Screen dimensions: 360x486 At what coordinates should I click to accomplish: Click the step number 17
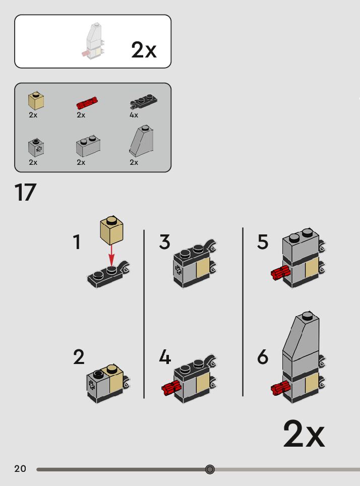click(26, 193)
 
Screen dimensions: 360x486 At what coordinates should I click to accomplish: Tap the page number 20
click(20, 469)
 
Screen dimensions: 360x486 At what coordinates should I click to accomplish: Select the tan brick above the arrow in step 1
click(112, 230)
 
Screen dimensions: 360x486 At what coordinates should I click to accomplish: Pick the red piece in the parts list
click(87, 103)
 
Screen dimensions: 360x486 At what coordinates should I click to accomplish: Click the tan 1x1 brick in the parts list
click(36, 101)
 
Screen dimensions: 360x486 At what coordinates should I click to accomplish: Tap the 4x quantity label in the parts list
click(134, 115)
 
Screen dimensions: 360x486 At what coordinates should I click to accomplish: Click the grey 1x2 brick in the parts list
click(88, 146)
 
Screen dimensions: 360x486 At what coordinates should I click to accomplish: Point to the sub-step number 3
click(164, 242)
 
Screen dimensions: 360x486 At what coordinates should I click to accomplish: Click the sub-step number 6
click(263, 357)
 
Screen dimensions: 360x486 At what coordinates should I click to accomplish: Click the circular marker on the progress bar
click(210, 469)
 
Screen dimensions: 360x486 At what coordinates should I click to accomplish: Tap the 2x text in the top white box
click(144, 50)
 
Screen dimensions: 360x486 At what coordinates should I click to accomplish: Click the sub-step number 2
click(79, 357)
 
